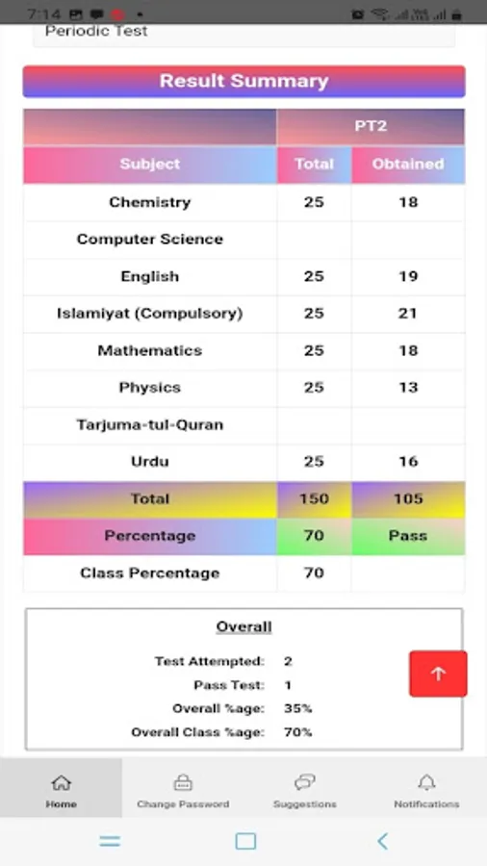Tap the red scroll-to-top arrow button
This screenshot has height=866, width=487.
click(x=438, y=674)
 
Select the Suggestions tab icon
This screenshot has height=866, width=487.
click(x=305, y=782)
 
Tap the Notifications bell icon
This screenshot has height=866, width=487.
click(x=426, y=782)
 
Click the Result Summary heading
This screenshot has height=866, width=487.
click(x=243, y=82)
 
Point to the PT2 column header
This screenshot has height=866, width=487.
click(x=371, y=126)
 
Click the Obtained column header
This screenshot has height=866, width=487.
click(x=408, y=164)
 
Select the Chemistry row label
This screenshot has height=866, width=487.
click(x=149, y=202)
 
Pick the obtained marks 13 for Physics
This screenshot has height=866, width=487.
click(x=408, y=387)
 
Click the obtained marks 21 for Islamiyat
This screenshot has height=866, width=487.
click(x=408, y=313)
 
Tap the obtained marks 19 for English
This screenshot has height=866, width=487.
click(x=408, y=276)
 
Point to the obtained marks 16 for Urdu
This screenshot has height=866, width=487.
click(x=408, y=461)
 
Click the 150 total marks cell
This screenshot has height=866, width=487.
click(x=314, y=498)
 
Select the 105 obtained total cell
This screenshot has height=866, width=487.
click(x=408, y=498)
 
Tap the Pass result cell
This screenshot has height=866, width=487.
click(x=408, y=535)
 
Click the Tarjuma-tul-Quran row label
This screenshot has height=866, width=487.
click(x=149, y=424)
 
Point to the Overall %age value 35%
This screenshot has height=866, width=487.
click(x=297, y=708)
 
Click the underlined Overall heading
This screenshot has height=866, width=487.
click(x=243, y=626)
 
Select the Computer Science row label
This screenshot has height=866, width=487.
click(x=149, y=239)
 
